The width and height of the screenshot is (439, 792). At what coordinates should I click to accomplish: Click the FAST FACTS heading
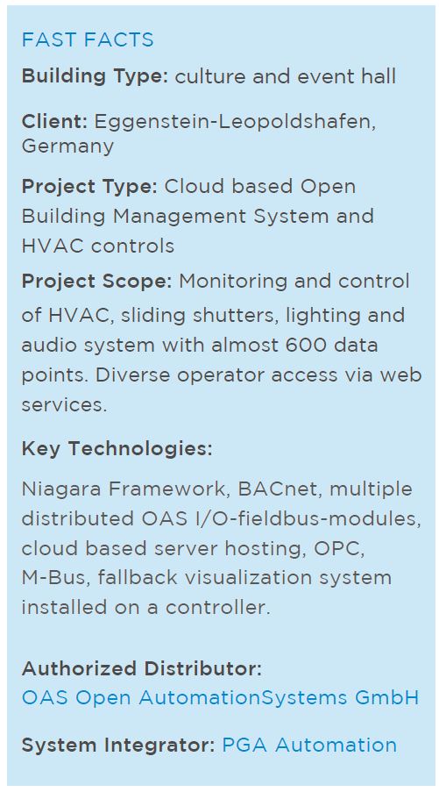pos(88,39)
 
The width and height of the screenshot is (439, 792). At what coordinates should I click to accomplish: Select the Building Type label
pos(95,77)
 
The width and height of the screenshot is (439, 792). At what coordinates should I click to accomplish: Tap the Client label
pos(54,122)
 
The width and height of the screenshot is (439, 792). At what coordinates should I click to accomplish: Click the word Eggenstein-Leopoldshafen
pos(235,123)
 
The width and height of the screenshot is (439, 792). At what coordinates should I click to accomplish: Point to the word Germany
pos(67,147)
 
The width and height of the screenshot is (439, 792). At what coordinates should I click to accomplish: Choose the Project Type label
pos(89,187)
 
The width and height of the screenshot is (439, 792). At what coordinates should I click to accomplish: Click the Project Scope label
pos(96,282)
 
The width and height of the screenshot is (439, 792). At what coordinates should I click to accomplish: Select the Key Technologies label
pos(117,448)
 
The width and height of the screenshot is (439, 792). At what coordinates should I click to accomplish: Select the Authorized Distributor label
pos(142,668)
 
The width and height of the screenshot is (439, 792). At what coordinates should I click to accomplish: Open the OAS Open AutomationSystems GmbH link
pos(221,698)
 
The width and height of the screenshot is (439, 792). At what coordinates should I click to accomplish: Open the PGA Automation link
pos(309,746)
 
